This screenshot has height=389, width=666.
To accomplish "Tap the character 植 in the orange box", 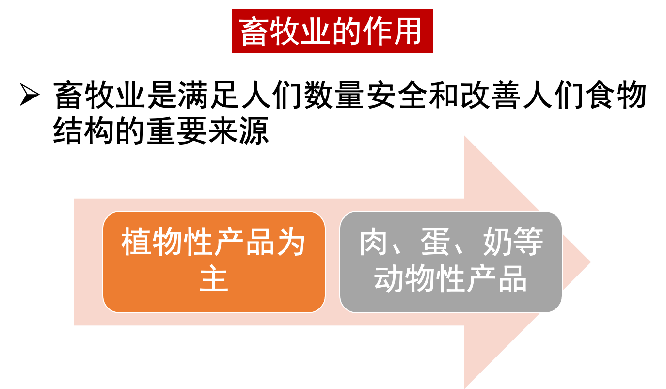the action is pyautogui.click(x=136, y=243).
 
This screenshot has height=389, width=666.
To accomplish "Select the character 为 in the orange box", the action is pyautogui.click(x=290, y=243).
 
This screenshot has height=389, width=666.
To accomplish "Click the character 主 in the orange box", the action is pyautogui.click(x=213, y=279).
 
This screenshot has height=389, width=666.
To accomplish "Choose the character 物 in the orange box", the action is pyautogui.click(x=167, y=243).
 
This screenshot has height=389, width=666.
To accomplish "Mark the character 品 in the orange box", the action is pyautogui.click(x=259, y=243).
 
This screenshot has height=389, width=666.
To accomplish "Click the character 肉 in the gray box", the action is pyautogui.click(x=374, y=243).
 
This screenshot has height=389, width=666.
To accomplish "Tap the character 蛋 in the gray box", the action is pyautogui.click(x=436, y=243).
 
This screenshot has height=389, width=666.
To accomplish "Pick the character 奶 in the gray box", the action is pyautogui.click(x=497, y=243).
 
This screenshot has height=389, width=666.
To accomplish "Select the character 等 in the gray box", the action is pyautogui.click(x=528, y=243).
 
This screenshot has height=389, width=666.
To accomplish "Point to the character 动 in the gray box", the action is pyautogui.click(x=389, y=279).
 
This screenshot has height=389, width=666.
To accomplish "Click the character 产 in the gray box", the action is pyautogui.click(x=482, y=279).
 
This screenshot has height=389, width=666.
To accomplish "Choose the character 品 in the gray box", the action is pyautogui.click(x=513, y=279).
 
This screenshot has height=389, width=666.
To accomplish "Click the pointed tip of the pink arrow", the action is pyautogui.click(x=588, y=262).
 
